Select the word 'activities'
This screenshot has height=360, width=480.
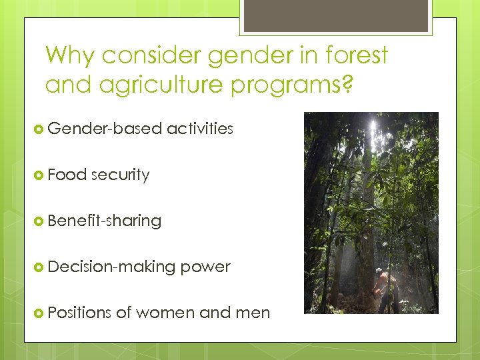200,129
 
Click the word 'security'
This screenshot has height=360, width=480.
120,175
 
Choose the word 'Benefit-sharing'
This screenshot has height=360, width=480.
105,221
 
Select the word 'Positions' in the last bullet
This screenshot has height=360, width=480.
80,313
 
